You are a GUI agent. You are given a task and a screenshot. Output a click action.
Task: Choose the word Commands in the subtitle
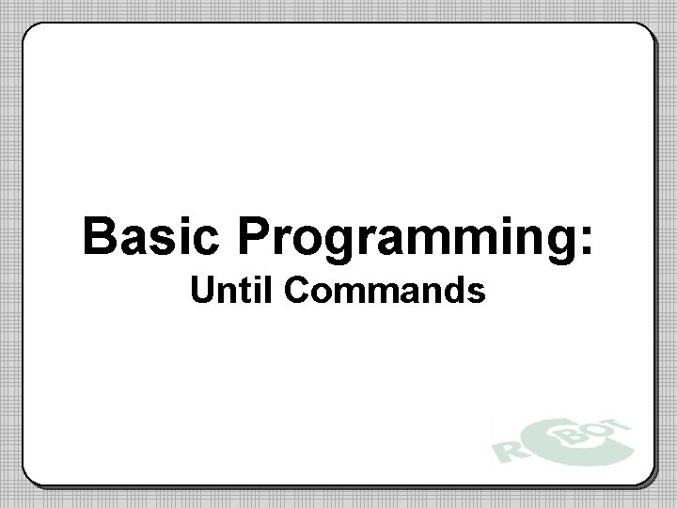tap(384, 292)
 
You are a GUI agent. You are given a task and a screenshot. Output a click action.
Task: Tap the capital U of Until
tap(201, 292)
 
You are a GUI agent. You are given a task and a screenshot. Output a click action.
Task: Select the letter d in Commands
tap(457, 292)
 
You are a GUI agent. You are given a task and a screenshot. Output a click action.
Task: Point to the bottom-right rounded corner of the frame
tap(646, 476)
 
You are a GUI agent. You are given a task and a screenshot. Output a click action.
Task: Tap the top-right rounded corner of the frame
tap(646, 34)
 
